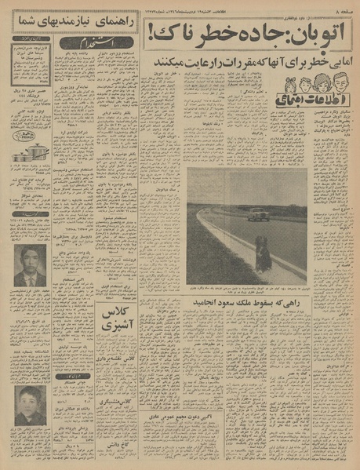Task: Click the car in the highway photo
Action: click(x=259, y=213)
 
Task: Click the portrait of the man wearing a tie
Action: click(x=30, y=268)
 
